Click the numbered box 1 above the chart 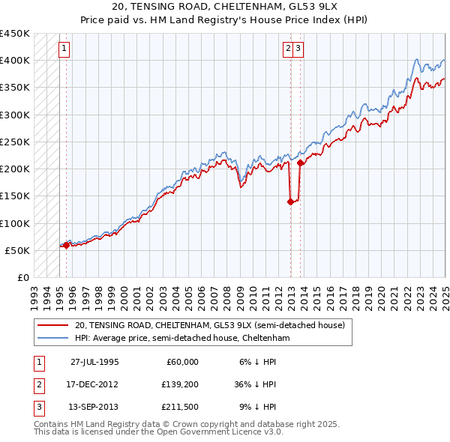click(x=64, y=49)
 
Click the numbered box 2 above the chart click(x=288, y=49)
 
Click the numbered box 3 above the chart click(x=298, y=49)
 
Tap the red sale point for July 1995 click(x=66, y=245)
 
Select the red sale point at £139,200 click(x=290, y=202)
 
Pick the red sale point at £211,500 click(x=300, y=162)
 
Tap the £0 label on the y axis click(x=21, y=277)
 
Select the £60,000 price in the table click(x=181, y=362)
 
